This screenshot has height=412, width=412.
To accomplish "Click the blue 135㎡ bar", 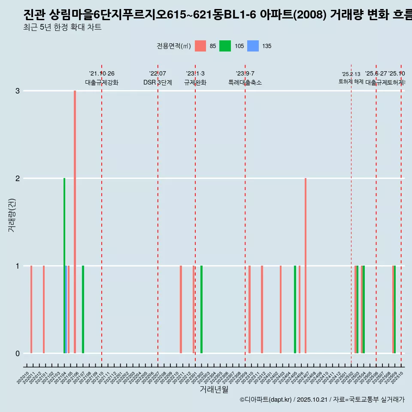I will point(66,309).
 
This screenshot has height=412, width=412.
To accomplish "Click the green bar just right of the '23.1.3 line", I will point(201,309).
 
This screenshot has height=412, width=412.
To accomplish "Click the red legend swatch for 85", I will point(200,46).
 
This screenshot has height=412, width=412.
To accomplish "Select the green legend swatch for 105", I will point(225,46).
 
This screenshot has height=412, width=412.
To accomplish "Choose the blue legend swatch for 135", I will point(253,46).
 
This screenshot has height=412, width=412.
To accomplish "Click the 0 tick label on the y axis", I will point(18,354).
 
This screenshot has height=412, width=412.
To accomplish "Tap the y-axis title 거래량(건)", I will point(12,215).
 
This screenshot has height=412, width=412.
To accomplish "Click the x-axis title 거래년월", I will point(214,389).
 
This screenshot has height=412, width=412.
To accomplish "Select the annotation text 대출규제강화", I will point(102,82).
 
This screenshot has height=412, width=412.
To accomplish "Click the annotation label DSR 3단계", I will point(158,82).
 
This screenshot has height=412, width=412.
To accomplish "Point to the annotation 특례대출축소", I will point(245,82).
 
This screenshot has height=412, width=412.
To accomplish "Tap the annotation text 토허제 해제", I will point(351,82).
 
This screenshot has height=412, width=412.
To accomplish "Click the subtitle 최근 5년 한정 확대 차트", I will point(62,28).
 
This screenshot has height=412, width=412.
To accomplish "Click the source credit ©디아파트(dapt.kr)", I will point(266,400).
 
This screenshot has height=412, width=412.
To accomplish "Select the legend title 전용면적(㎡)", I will point(174,46).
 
